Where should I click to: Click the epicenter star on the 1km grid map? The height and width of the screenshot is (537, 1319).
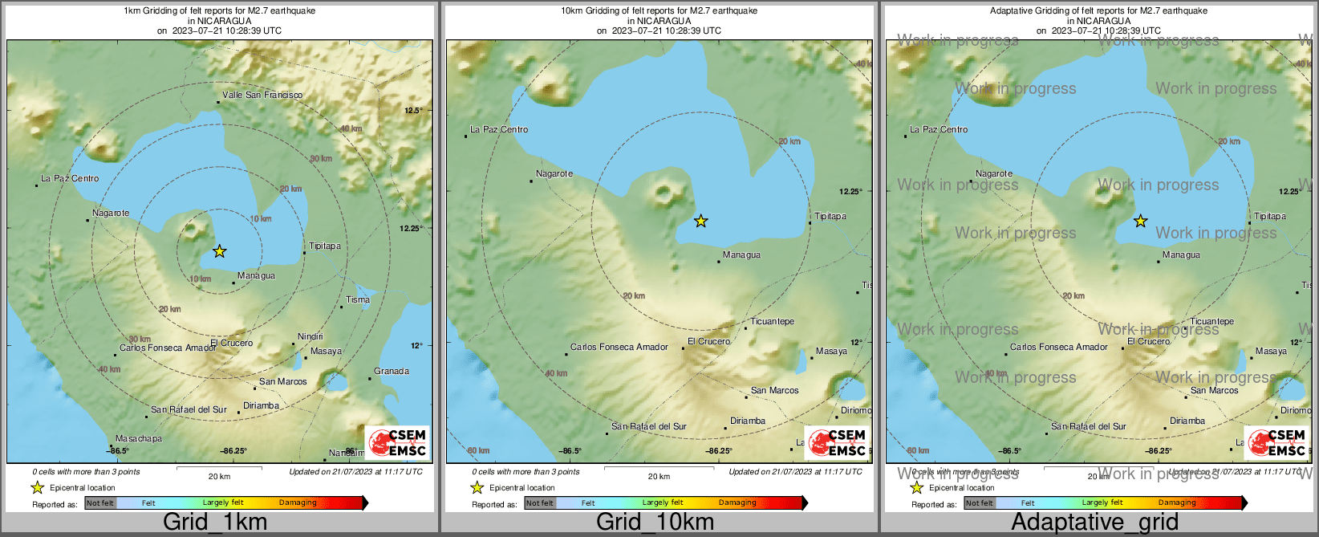pos(220,251)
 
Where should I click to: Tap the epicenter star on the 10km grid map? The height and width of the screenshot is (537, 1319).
pos(701,221)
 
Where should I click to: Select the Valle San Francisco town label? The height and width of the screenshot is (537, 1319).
pos(262,95)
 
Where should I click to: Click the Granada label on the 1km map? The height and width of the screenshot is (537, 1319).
pos(392,371)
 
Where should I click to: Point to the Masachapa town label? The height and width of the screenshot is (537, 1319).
pos(139,438)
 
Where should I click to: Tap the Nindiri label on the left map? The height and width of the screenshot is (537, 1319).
pos(310,336)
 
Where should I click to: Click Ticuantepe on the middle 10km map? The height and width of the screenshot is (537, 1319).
pos(773,321)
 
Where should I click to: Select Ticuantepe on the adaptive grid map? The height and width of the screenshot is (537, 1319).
pos(1212,321)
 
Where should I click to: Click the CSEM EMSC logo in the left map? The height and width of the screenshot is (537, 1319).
pos(397,442)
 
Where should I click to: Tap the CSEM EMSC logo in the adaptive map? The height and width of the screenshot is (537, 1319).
pos(1276,442)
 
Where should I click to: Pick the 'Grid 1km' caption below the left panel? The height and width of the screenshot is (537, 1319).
pos(215,522)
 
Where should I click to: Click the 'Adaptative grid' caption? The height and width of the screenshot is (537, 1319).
pos(1094,522)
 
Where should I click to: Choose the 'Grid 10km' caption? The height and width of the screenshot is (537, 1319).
pos(655,522)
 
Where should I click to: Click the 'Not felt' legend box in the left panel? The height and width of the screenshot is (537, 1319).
pos(100,503)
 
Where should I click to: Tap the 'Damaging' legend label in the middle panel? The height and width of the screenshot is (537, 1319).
pos(737,503)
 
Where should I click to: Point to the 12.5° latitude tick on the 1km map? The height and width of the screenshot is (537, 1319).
pos(413,110)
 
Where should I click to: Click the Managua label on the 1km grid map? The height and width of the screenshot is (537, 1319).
pos(256,275)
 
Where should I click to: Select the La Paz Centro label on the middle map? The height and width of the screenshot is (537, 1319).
pos(499,129)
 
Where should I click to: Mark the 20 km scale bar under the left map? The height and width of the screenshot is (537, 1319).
pos(219,468)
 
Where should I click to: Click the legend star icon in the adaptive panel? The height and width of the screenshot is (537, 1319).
pos(916,487)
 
